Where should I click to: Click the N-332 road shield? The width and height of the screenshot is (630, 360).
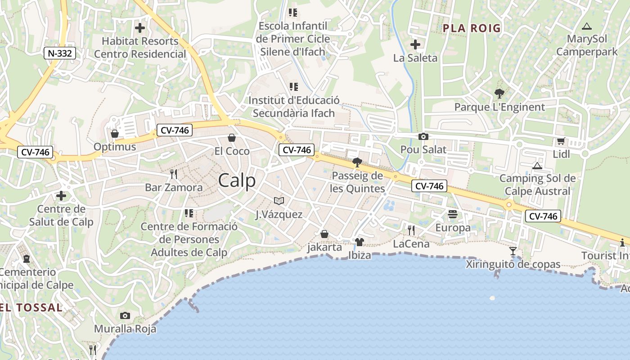click(x=60, y=54)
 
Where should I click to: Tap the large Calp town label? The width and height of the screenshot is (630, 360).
click(x=237, y=180)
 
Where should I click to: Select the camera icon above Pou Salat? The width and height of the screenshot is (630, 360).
click(x=423, y=137)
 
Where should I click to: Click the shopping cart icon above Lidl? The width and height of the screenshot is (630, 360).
click(x=561, y=141)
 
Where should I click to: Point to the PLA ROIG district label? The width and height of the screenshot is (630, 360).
click(x=472, y=28)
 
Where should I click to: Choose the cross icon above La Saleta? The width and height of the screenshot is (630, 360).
click(x=415, y=45)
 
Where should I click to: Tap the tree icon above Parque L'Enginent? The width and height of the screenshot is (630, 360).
click(x=499, y=94)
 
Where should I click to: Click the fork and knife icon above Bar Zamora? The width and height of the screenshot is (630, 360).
click(x=174, y=174)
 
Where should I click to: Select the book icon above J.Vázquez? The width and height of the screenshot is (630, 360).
click(x=279, y=201)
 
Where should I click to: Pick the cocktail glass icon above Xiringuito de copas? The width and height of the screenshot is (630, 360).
click(x=513, y=251)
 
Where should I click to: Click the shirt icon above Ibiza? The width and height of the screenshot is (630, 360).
click(x=359, y=242)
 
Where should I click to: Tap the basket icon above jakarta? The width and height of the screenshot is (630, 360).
click(x=324, y=234)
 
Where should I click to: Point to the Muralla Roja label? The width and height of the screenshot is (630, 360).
click(x=125, y=329)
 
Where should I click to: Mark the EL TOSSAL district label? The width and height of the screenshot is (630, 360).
click(x=31, y=308)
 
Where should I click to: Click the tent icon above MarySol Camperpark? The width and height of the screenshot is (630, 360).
click(x=586, y=26)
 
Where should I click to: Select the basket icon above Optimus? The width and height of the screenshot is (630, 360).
click(x=115, y=134)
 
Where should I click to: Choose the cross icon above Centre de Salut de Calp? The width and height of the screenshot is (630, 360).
click(x=61, y=196)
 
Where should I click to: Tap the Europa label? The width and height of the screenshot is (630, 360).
click(x=453, y=228)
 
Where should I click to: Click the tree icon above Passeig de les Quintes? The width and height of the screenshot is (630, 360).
click(x=357, y=162)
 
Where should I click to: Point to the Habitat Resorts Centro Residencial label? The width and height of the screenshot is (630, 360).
click(x=140, y=47)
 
